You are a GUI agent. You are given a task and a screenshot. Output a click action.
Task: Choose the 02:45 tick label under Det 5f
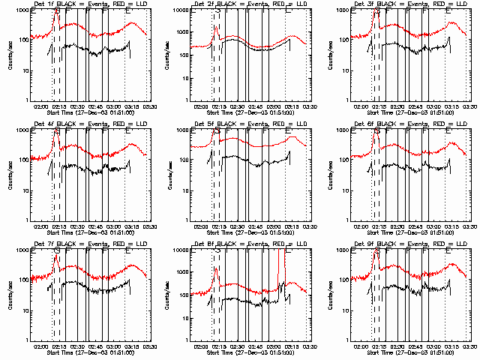tap(255, 226)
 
